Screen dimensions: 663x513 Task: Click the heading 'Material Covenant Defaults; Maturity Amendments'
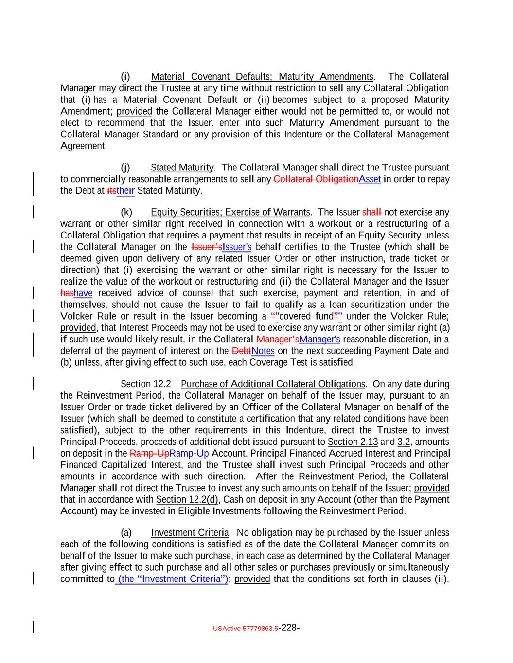262,77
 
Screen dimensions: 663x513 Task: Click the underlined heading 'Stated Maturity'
182,168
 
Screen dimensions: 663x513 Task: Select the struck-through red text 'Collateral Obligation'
316,179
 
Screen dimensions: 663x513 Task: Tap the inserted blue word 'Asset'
370,179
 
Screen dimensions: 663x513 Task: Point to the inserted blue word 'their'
125,191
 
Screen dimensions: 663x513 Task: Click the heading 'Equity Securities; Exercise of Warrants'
230,212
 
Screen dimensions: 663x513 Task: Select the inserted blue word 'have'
83,293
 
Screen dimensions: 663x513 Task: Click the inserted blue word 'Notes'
263,351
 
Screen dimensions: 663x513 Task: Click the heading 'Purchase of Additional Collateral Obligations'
273,384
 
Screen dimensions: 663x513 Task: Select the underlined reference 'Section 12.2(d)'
187,500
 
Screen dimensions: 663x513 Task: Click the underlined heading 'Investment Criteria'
190,533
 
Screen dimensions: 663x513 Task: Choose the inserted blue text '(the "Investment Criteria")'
172,579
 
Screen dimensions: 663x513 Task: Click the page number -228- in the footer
289,628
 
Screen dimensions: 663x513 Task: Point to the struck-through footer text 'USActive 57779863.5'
246,629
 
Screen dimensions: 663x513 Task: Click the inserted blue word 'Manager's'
319,340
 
